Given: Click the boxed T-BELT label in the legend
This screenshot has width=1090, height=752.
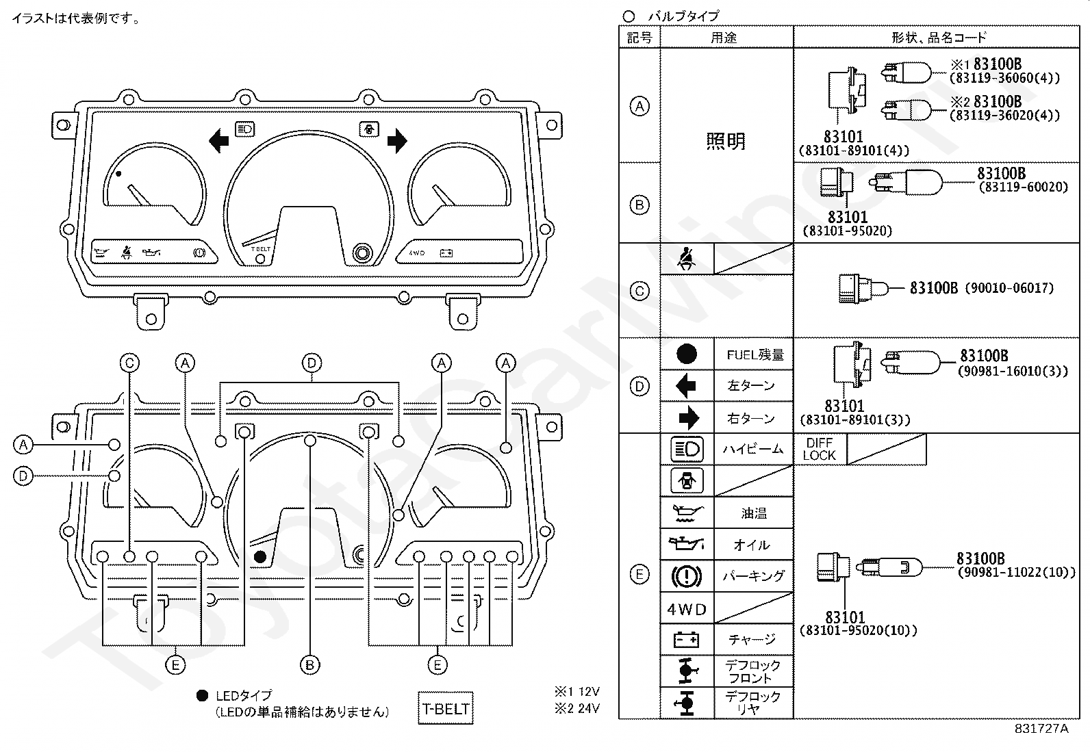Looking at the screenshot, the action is point(445,708).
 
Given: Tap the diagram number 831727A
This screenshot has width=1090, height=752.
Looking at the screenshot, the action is point(1041,729).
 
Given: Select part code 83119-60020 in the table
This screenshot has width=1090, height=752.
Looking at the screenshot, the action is point(1024,187).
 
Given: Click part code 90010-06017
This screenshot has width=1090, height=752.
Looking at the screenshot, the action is point(1009,288).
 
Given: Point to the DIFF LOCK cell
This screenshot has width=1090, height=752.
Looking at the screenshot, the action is point(820,449).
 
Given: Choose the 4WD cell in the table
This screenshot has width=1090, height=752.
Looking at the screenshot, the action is point(687,609).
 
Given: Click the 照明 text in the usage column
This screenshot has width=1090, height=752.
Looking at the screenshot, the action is point(726,141).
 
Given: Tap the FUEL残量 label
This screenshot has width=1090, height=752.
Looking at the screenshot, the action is point(755,354).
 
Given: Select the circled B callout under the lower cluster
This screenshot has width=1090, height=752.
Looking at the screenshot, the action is point(310,665).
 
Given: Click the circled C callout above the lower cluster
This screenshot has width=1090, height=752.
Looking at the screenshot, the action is point(129,363).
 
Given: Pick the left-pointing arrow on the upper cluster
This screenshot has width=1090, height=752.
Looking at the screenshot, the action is point(219,141).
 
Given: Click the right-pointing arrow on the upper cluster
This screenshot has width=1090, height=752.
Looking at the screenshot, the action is point(397,141).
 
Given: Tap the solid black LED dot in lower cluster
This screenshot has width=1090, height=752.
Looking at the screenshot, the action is point(260,556).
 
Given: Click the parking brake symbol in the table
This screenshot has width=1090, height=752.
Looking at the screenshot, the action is point(687,576).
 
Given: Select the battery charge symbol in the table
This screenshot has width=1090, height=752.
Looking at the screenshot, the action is point(686,640).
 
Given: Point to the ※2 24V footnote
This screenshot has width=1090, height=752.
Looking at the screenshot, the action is point(577,708).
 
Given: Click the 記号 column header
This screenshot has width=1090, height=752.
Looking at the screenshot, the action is point(639,38).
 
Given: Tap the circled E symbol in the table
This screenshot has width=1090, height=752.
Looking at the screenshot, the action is point(639,575).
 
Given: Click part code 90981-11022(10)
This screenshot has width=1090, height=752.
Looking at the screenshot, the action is point(1017,572).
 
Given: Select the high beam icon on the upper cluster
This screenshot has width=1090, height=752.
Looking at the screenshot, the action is point(244,129).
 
